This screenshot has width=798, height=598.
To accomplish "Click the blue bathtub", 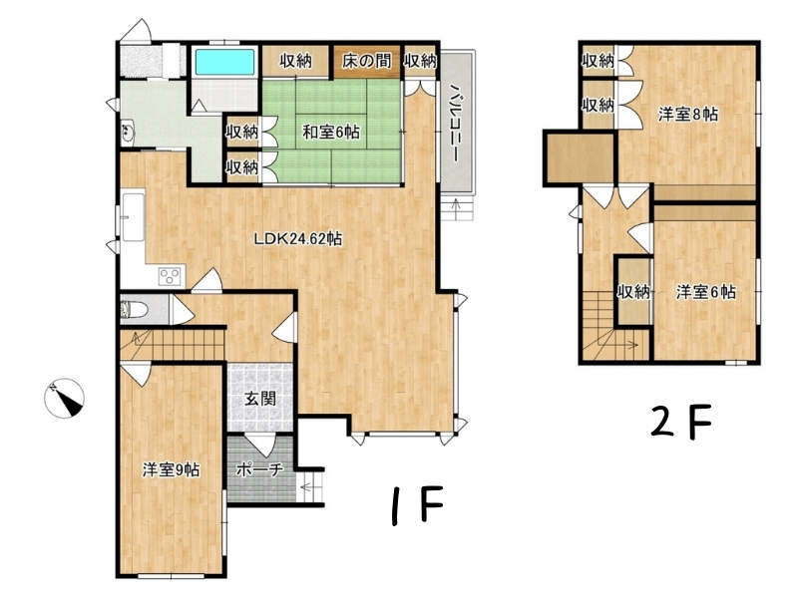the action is [224, 62].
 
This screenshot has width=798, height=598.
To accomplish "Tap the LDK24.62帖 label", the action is [298, 238].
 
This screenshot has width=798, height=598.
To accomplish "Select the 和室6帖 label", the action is [331, 133].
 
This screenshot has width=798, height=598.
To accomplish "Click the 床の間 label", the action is [367, 61].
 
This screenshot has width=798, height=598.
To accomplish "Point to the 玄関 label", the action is [260, 398].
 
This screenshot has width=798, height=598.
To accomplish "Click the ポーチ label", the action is [260, 470].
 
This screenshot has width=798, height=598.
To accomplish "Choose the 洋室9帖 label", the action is [171, 469].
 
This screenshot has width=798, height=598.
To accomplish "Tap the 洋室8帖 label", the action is [688, 115].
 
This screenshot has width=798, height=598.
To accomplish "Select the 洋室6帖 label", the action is [706, 292].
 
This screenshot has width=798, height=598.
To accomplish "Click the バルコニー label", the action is [455, 124].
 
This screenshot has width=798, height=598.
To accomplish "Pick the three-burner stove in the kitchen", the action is [170, 276].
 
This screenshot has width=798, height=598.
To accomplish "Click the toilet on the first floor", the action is [135, 310].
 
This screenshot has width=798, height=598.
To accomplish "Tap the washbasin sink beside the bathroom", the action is [128, 133].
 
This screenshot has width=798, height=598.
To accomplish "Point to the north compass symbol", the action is [64, 399].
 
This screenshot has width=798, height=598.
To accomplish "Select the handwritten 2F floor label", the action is [681, 422].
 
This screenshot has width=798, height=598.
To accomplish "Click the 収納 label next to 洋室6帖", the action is [634, 292].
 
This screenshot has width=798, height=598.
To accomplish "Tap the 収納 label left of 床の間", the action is [295, 61].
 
